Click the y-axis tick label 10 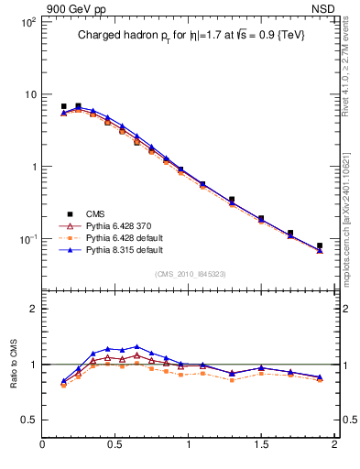pyautogui.click(x=29, y=94)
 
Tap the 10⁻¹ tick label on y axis pyautogui.click(x=27, y=239)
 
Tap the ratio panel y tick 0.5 pyautogui.click(x=28, y=420)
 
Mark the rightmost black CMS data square pyautogui.click(x=320, y=245)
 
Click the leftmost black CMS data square pyautogui.click(x=63, y=106)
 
